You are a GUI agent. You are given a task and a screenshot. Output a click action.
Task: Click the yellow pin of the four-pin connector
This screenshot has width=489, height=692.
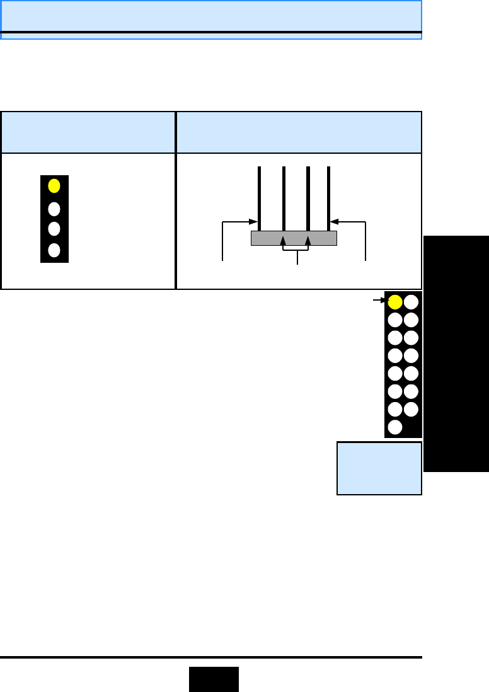click(54, 186)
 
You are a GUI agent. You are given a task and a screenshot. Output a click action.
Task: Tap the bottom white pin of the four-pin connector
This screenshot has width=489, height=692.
click(54, 250)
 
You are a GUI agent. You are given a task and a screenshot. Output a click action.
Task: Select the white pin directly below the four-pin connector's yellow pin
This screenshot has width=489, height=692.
click(54, 209)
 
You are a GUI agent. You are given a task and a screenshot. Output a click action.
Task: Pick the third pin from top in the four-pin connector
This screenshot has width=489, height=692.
click(54, 228)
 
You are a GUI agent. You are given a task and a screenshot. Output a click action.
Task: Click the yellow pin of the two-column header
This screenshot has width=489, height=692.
click(395, 302)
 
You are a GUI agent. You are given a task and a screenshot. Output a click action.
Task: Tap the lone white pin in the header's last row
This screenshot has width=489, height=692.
click(395, 427)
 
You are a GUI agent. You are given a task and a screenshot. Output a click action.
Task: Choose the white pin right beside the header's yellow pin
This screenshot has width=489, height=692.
click(411, 302)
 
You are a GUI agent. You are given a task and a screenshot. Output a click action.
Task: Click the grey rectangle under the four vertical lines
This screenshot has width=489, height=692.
click(294, 238)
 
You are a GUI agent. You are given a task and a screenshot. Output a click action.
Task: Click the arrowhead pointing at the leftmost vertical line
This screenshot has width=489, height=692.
click(253, 222)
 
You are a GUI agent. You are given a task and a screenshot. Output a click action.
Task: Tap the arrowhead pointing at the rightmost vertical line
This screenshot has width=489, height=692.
click(335, 222)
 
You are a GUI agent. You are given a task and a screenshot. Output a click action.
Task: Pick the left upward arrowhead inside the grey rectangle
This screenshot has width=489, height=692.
click(283, 241)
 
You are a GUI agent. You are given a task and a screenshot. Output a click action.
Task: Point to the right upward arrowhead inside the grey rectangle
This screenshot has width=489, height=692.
click(308, 241)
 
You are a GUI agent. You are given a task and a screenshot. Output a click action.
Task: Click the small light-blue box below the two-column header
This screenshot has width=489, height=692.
click(379, 468)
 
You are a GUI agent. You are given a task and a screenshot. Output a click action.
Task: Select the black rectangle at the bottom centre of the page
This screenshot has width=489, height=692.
click(214, 679)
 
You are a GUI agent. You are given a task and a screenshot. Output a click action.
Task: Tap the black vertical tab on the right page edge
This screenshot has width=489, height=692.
click(456, 354)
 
